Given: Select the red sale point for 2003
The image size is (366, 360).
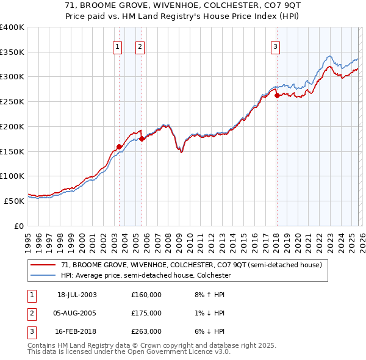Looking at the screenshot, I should point(119,146).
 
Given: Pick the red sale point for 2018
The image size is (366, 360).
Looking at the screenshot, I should point(276,95).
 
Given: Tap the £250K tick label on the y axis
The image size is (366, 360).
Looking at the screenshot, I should point(12,101).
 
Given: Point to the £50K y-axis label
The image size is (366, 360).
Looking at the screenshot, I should point(15,201).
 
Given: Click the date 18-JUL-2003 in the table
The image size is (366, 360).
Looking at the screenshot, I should point(77,295).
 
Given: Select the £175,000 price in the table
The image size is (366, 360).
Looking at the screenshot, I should point(146,313).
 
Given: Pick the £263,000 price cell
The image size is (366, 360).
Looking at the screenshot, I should point(146,331).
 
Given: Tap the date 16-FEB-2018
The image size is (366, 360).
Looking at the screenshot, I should point(77,331).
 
